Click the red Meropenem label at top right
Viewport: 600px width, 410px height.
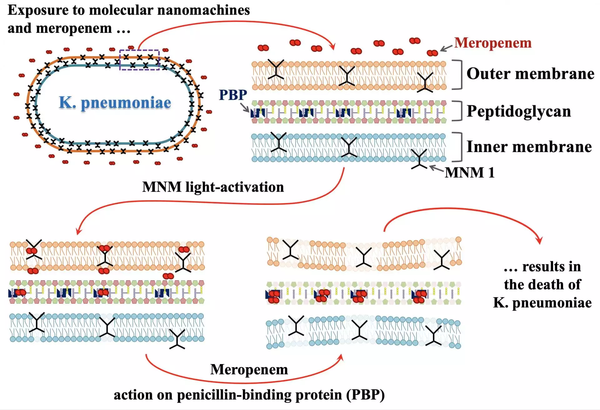point(493,43)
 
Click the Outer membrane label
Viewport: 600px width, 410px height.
point(530,74)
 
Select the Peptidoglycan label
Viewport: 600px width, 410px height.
point(519,111)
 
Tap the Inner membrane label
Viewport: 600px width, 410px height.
point(529,147)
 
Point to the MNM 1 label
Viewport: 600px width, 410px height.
point(469,172)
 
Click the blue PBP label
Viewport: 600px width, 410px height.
point(233,95)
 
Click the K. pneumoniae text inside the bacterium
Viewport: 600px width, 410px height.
point(115,102)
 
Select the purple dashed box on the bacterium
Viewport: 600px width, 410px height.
point(139,60)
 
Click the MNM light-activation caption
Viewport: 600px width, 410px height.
point(213,187)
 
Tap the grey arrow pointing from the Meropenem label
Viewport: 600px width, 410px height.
point(446,48)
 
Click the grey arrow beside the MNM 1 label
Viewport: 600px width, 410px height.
point(436,169)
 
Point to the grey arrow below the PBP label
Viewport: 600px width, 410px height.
point(245,108)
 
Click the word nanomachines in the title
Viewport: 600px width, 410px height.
point(203,10)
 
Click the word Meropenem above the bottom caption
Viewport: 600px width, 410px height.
point(249,370)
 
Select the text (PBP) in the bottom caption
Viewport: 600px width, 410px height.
point(366,395)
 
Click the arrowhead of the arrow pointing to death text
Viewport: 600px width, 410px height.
point(539,241)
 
